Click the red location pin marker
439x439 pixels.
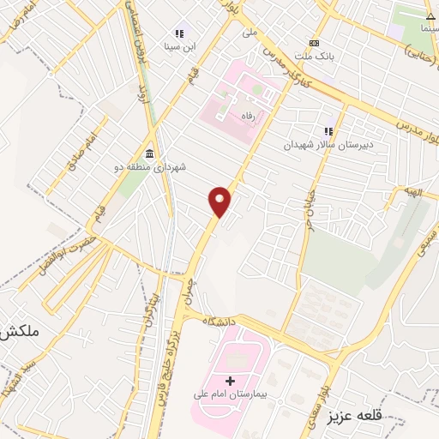220,201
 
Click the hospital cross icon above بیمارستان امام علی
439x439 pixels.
229,380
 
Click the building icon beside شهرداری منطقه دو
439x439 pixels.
150,153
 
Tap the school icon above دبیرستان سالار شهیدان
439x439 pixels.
327,131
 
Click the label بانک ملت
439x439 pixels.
313,57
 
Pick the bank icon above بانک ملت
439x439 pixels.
314,43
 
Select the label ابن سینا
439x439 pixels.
181,47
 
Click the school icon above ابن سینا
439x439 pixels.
180,33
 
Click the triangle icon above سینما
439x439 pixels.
430,15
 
